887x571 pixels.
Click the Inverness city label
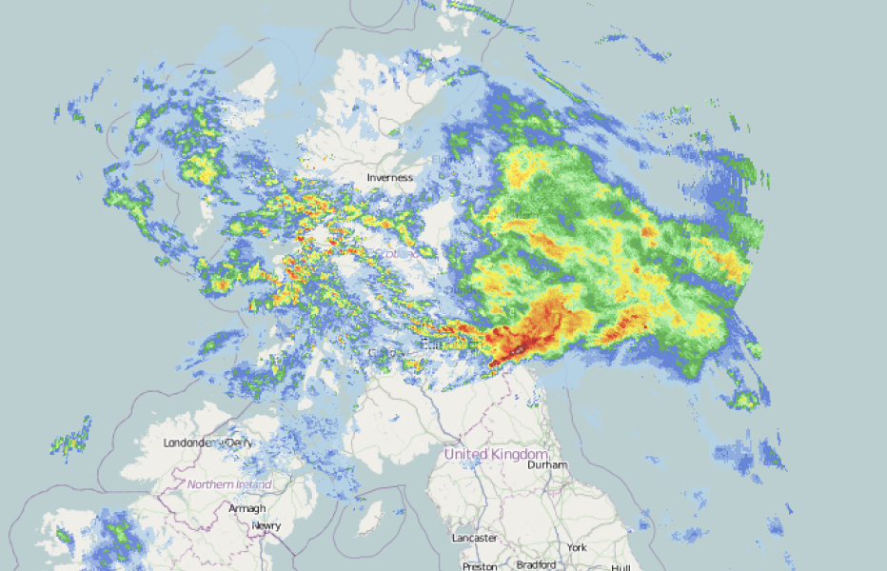click(x=390, y=177)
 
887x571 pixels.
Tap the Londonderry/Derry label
click(x=208, y=443)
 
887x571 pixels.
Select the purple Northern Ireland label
click(x=229, y=484)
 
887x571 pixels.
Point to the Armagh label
click(x=246, y=509)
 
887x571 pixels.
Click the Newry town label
click(x=266, y=525)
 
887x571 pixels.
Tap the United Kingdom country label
click(x=497, y=454)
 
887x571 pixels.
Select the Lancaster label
click(x=474, y=538)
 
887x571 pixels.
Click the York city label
click(x=577, y=548)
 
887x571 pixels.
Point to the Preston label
click(x=479, y=565)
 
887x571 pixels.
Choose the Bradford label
click(x=536, y=564)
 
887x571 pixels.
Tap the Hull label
click(x=621, y=567)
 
